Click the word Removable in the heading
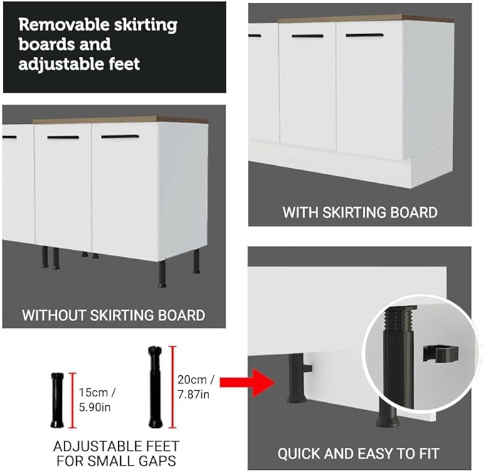[64, 24]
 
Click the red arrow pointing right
[247, 382]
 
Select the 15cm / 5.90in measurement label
[97, 400]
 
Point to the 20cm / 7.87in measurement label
[196, 387]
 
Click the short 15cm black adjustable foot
[58, 400]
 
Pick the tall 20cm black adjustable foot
[156, 387]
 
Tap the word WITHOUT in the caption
[54, 315]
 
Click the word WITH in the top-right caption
[300, 212]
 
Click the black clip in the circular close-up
[440, 352]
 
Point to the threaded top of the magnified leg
[400, 318]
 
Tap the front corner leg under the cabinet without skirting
[162, 274]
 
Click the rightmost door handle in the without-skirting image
[120, 136]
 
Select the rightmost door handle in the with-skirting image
[364, 36]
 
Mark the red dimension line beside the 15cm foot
[73, 400]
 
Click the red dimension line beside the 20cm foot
[173, 387]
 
